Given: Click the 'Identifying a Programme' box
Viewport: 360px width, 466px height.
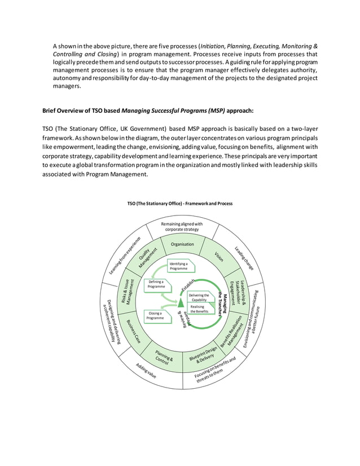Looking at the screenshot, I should [x=179, y=266].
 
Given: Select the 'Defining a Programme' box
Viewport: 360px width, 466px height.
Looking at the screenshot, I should [x=156, y=284].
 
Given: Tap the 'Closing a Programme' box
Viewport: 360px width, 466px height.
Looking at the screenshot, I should [x=156, y=315].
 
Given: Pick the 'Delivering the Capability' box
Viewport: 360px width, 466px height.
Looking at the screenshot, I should [x=199, y=297].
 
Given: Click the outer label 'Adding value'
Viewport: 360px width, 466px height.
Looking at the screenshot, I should [x=146, y=370].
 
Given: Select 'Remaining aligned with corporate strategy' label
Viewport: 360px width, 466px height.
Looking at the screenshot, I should [x=182, y=227].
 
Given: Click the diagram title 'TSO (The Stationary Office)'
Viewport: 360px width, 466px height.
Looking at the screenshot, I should [x=179, y=203].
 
